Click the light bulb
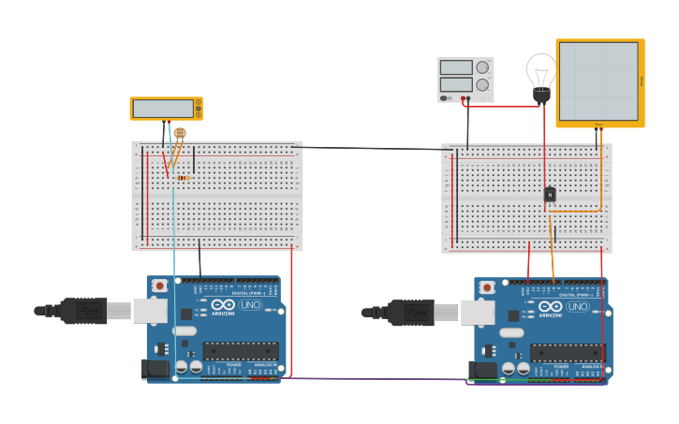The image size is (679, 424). point(540,73)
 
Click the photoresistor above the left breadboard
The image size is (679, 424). point(180,134)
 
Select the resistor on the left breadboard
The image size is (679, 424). point(182,178)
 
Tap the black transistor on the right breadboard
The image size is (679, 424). point(550,194)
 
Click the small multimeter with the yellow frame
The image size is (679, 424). point(166,109)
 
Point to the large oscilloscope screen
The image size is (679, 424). point(599,82)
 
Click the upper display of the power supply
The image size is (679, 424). point(456,67)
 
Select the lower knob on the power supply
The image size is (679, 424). point(482,85)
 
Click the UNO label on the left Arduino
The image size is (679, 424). point(251,305)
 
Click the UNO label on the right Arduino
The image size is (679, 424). point(578,305)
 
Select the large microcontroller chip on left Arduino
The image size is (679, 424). point(241,351)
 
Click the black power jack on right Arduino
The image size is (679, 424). point(485,370)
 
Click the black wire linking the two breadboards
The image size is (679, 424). point(375,148)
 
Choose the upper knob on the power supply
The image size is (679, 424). point(482,67)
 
